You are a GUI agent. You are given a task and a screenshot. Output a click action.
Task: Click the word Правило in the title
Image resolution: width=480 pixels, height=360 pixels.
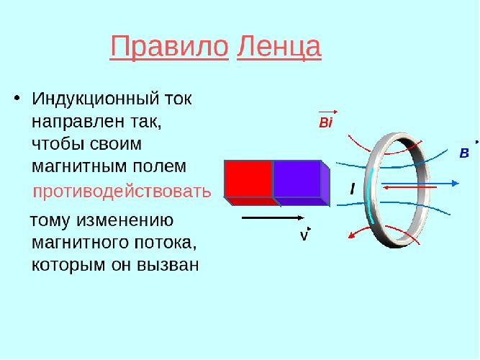[169, 48]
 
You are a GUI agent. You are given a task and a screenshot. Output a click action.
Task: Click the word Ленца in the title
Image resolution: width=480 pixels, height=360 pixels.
[279, 48]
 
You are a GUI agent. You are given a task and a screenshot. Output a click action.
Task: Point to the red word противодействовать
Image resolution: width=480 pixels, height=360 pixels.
[122, 192]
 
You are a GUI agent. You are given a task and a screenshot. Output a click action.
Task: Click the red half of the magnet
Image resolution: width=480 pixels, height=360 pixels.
[248, 179]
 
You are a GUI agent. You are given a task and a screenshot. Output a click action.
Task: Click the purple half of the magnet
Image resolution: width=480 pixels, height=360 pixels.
[297, 179]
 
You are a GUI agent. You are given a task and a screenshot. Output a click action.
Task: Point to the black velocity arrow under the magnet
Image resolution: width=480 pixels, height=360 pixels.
[270, 217]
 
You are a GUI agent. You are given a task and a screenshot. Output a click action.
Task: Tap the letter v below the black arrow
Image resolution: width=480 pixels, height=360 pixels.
[304, 236]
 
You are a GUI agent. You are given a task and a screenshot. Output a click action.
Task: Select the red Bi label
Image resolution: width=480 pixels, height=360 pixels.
[325, 123]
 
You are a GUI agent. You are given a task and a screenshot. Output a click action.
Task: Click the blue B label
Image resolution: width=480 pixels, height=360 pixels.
[464, 153]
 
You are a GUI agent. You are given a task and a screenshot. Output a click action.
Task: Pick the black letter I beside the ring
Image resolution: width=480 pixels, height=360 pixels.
[352, 189]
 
